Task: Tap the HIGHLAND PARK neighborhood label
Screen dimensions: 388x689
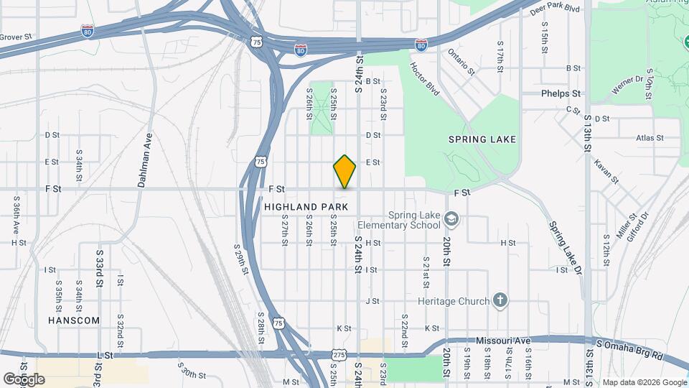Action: pyautogui.click(x=306, y=207)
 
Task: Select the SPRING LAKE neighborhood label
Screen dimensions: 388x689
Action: pyautogui.click(x=482, y=139)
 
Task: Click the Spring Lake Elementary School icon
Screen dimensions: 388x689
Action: pyautogui.click(x=451, y=218)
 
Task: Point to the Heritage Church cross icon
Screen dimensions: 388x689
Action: pyautogui.click(x=501, y=300)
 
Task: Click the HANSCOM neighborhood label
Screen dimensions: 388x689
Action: pyautogui.click(x=74, y=320)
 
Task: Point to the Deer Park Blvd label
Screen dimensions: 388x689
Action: pyautogui.click(x=553, y=9)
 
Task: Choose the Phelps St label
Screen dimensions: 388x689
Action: pyautogui.click(x=561, y=93)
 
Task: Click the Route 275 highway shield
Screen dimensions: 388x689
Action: pyautogui.click(x=339, y=355)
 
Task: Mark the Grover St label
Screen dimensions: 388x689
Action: pyautogui.click(x=16, y=36)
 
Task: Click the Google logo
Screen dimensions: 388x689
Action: pyautogui.click(x=24, y=379)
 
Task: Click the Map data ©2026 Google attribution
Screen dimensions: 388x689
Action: pyautogui.click(x=644, y=382)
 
